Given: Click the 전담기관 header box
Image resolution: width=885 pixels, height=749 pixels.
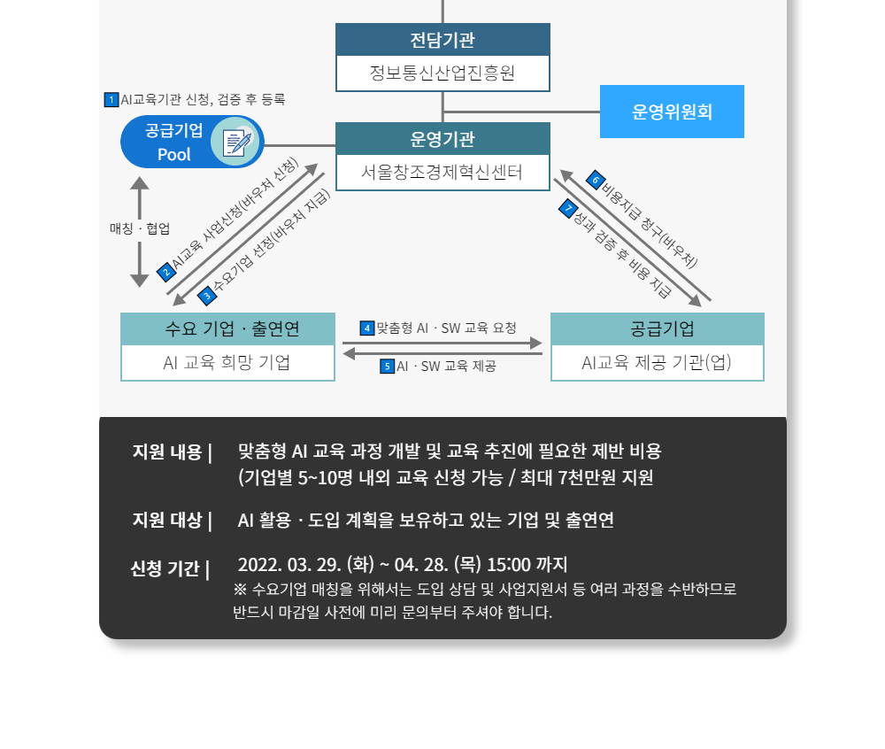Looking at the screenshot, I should pyautogui.click(x=442, y=40).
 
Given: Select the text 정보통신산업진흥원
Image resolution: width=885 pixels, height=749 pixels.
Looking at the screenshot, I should pyautogui.click(x=442, y=73).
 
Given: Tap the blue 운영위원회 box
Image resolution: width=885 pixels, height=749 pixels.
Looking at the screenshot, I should pyautogui.click(x=672, y=112).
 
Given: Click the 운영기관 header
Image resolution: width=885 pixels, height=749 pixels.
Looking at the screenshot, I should pyautogui.click(x=442, y=139).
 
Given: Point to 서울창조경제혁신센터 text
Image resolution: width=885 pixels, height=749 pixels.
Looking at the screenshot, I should pyautogui.click(x=442, y=172).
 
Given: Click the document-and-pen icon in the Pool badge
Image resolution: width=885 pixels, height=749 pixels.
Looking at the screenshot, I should pyautogui.click(x=236, y=142).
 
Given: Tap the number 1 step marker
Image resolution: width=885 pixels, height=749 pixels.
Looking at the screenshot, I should pyautogui.click(x=111, y=100).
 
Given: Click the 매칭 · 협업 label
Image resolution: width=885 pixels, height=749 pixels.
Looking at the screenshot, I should pyautogui.click(x=140, y=228).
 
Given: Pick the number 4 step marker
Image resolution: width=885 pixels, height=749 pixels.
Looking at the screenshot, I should pyautogui.click(x=367, y=328).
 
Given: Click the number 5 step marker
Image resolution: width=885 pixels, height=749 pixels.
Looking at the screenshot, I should pyautogui.click(x=387, y=366).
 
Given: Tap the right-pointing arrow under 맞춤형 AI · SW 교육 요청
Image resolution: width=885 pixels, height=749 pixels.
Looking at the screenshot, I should pyautogui.click(x=442, y=343).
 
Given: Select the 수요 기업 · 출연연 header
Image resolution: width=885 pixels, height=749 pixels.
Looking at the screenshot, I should pyautogui.click(x=227, y=328).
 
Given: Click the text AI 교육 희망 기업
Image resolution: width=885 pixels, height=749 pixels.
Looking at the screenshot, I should pyautogui.click(x=227, y=362).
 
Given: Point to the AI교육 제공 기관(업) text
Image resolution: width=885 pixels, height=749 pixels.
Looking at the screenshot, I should pyautogui.click(x=657, y=362).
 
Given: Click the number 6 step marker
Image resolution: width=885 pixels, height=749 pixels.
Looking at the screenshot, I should pyautogui.click(x=595, y=178).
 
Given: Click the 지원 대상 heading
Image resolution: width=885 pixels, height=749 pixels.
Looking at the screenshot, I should pyautogui.click(x=165, y=520).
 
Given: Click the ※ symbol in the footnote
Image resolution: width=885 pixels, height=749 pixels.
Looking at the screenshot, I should pyautogui.click(x=241, y=589).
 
